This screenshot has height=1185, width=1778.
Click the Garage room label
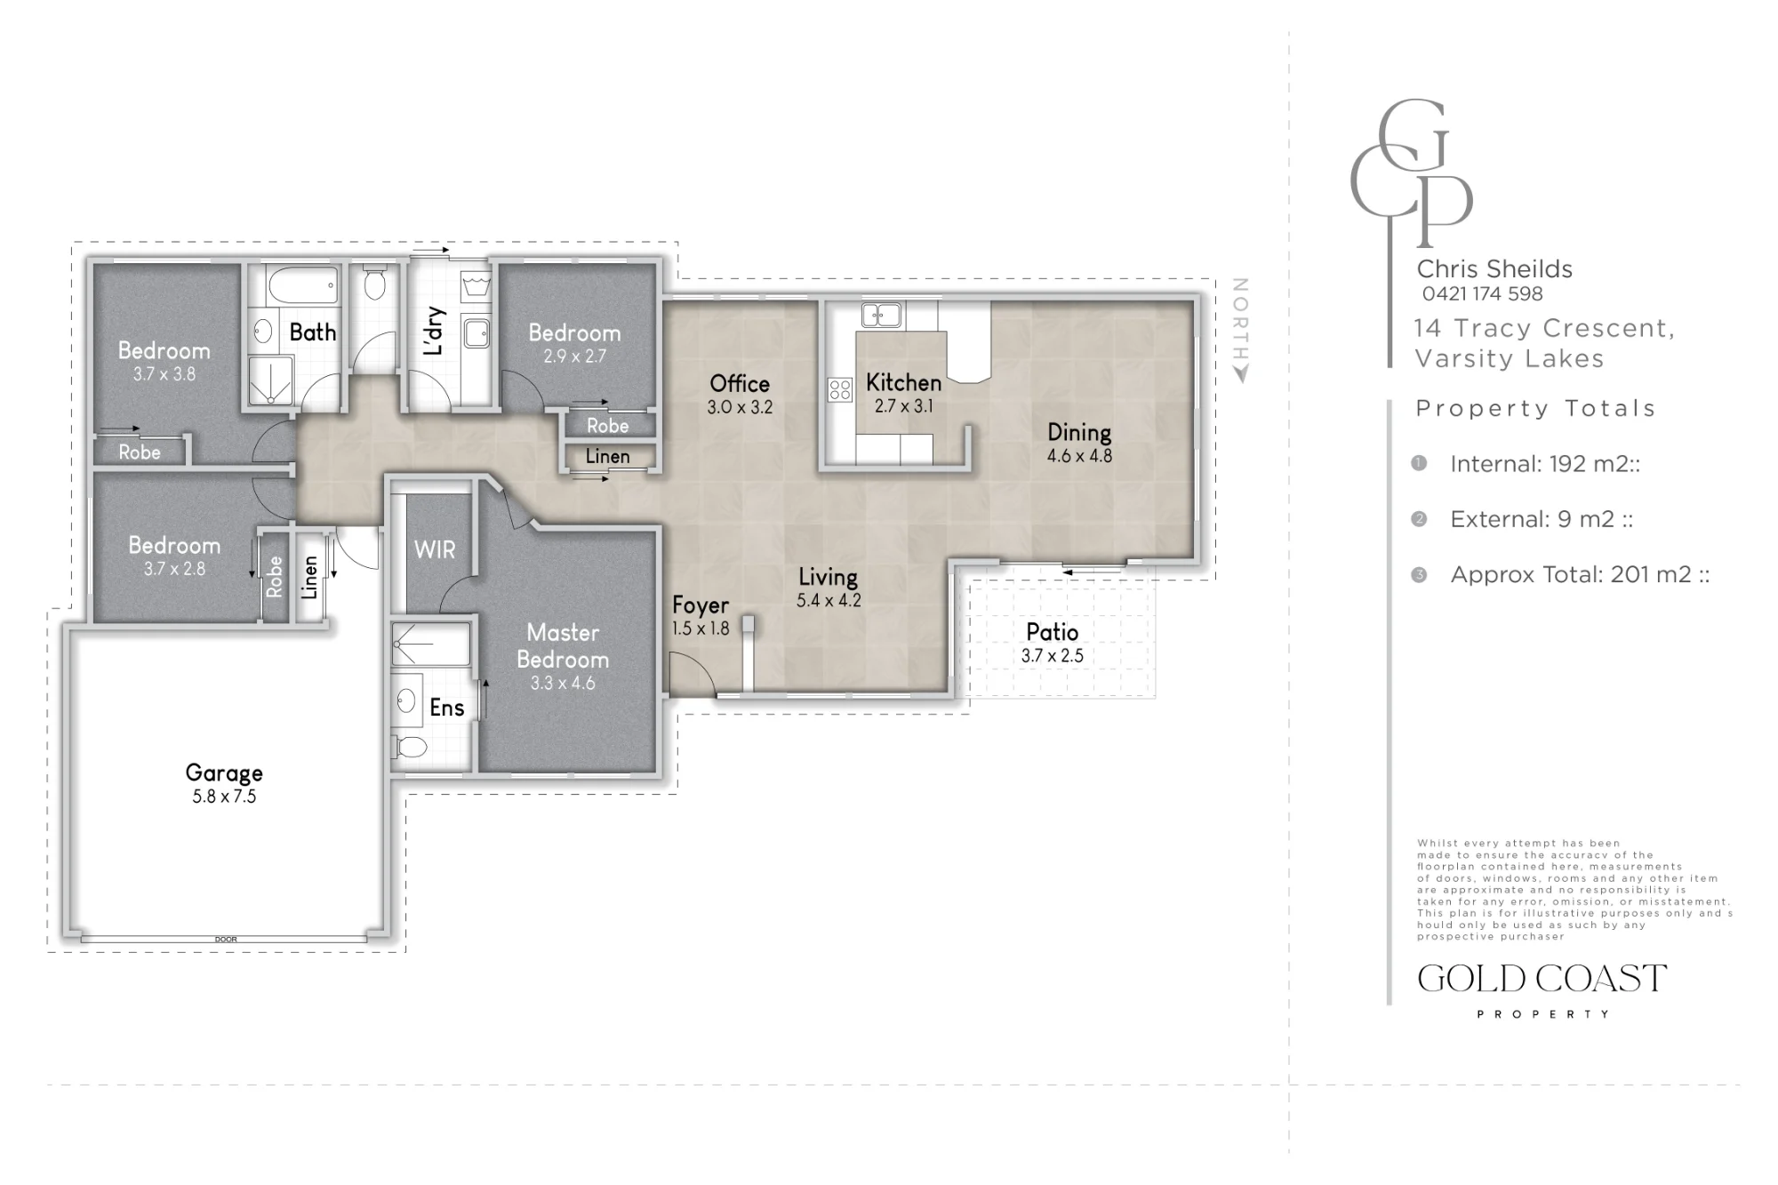(224, 773)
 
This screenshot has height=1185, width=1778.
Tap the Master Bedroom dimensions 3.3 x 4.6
(563, 684)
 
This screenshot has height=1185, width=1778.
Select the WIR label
(435, 550)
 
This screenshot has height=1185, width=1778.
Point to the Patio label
(1052, 632)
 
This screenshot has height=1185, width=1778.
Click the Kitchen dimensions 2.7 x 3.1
(904, 406)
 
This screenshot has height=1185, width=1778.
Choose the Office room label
(740, 384)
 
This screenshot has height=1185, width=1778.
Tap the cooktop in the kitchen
(840, 389)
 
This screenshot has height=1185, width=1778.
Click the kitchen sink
(881, 314)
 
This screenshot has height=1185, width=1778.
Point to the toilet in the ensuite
(410, 747)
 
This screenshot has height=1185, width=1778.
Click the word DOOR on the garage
(226, 940)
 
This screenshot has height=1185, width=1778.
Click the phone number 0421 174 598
(1482, 294)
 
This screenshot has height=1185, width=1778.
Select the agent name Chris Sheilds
(1494, 269)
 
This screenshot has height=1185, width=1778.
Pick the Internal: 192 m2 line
(1545, 464)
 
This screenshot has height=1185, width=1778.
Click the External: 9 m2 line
(1542, 519)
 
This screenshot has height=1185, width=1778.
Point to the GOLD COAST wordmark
(1542, 979)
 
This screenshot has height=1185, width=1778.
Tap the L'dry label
(434, 332)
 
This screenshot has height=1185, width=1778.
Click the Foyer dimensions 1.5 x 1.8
(701, 629)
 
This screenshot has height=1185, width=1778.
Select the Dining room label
(1079, 433)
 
